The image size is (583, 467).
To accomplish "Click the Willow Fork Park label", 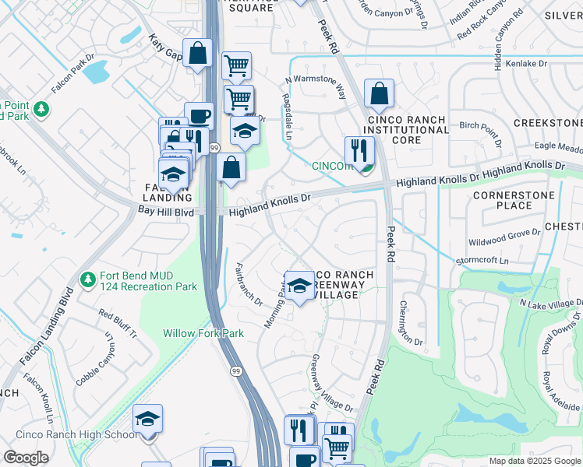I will pyautogui.click(x=203, y=333).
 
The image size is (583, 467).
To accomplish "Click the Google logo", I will pyautogui.click(x=26, y=458).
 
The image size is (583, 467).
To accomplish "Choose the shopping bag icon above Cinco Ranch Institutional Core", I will pyautogui.click(x=379, y=94).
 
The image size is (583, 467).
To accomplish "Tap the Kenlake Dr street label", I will pyautogui.click(x=533, y=64).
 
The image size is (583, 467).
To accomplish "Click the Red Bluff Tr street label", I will pyautogui.click(x=117, y=322).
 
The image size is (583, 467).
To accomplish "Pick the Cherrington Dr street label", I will pyautogui.click(x=411, y=324).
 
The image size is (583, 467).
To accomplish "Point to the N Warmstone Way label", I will pyautogui.click(x=316, y=88).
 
